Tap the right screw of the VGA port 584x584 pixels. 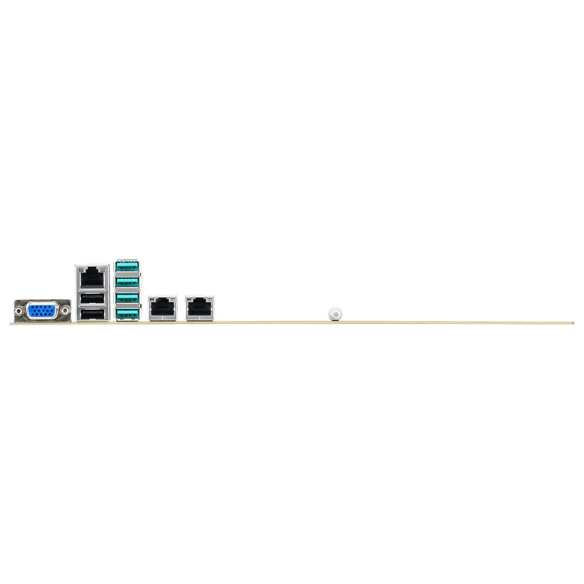[x=65, y=310]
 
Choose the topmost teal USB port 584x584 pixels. [x=128, y=267]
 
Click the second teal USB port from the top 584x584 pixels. [x=128, y=282]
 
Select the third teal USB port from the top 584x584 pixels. [x=128, y=298]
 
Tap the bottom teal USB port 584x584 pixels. [x=128, y=313]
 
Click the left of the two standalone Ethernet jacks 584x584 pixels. [x=163, y=307]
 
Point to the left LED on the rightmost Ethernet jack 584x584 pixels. [x=189, y=297]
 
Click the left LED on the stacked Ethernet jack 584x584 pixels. [x=80, y=268]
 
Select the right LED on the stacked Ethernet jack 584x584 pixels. [x=103, y=268]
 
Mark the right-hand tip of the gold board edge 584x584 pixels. [x=574, y=323]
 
